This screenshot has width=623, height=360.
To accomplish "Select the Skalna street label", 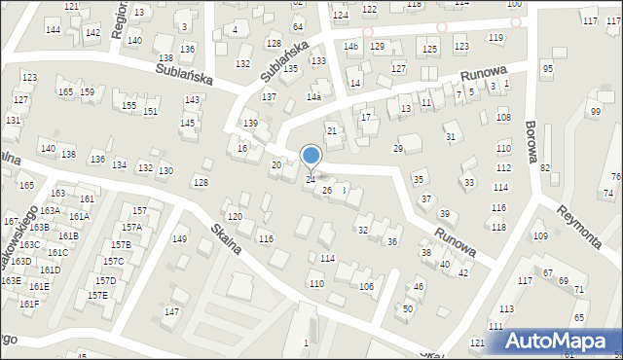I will click(230, 242).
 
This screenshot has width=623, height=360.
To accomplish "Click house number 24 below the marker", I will click(311, 180).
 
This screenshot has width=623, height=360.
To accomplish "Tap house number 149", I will click(180, 239).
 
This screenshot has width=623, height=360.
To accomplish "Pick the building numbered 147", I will click(171, 311).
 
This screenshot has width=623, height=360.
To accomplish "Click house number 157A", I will click(131, 227).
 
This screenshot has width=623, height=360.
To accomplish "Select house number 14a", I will click(313, 97).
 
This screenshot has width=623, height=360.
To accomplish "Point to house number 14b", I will click(351, 47).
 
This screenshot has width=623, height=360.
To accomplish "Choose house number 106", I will click(366, 286).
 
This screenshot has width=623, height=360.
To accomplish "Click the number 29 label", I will click(397, 148).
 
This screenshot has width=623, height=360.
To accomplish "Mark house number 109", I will click(540, 236).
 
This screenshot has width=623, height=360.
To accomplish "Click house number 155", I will click(128, 105).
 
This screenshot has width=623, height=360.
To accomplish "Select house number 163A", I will click(50, 211).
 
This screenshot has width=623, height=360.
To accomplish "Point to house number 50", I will click(408, 308).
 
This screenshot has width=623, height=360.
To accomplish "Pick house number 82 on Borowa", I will click(545, 168).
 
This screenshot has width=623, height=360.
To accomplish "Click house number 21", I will click(332, 130).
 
